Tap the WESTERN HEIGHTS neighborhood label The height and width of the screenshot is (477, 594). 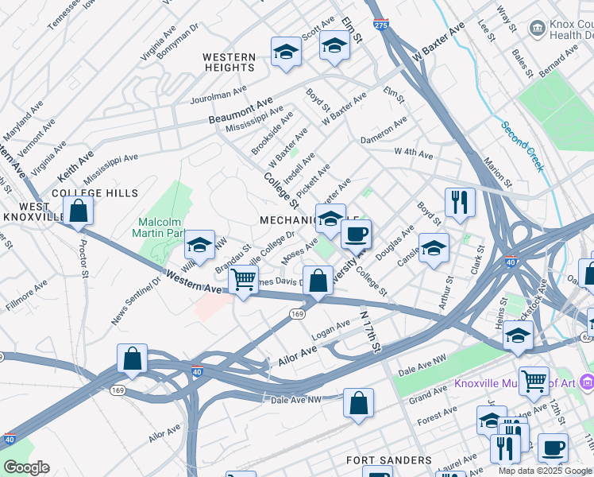[229, 62]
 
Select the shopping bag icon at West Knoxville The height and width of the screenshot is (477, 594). [78, 211]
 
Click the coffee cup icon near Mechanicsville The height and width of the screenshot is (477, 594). [356, 234]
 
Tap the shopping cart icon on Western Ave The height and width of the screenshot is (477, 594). [243, 280]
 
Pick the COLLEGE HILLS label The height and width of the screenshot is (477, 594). [94, 193]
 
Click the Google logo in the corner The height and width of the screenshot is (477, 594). [25, 467]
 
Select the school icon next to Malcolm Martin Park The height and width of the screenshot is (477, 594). [199, 244]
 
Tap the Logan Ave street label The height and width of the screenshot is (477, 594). [330, 330]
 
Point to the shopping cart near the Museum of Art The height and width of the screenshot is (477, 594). [534, 380]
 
